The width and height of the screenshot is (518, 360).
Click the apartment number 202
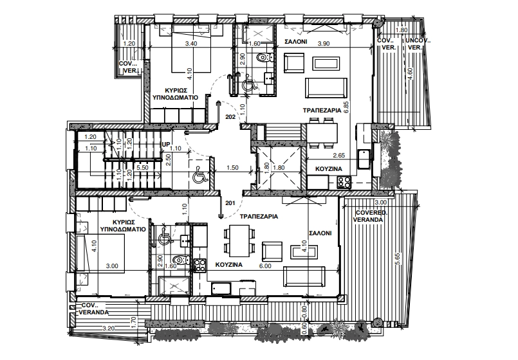(230, 117)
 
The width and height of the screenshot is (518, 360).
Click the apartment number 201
(230, 203)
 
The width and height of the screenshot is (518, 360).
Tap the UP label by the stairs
(165, 145)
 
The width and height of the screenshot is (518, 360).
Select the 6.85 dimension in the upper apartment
(346, 107)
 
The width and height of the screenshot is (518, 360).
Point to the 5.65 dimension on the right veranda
(398, 258)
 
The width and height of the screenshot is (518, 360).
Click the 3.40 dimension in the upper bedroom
(192, 44)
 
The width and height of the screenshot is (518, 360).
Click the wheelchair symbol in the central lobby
(200, 175)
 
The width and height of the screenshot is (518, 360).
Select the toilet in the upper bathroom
(264, 57)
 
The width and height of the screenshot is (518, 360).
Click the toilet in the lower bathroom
(181, 259)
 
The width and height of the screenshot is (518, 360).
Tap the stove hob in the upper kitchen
(344, 181)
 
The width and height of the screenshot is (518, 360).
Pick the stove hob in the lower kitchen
(199, 265)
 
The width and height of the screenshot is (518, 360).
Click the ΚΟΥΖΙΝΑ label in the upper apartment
(329, 169)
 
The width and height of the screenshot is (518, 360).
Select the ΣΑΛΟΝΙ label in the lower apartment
(320, 233)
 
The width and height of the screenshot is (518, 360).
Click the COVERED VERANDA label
(369, 216)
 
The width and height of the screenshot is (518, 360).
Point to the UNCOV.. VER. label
(418, 44)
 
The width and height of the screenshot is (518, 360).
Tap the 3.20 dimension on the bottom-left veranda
(109, 328)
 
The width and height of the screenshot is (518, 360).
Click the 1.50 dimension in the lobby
(232, 168)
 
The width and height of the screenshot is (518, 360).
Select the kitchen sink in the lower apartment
(221, 288)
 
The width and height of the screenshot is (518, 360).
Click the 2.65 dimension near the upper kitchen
(339, 156)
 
